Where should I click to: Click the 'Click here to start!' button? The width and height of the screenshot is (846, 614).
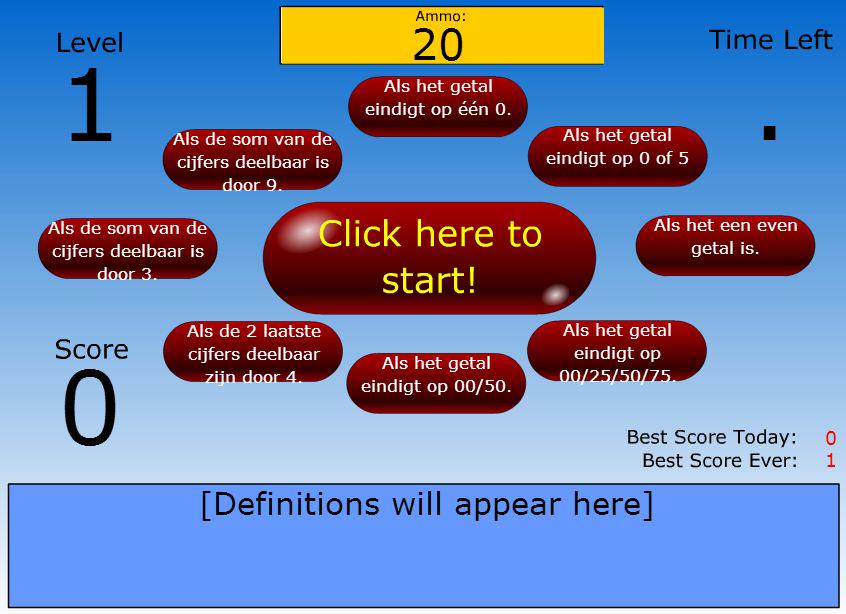tap(429, 258)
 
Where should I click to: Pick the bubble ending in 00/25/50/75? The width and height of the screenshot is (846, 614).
tap(617, 351)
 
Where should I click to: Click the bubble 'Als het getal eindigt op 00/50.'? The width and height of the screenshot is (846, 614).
tap(436, 381)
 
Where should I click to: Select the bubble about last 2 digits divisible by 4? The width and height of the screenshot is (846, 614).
tap(253, 352)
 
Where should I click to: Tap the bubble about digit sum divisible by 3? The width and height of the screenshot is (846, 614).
tap(128, 249)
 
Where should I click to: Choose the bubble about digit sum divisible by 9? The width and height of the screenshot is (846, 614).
tap(252, 160)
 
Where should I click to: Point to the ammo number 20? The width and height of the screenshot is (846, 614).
tap(438, 45)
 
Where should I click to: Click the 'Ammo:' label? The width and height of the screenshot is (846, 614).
tap(441, 16)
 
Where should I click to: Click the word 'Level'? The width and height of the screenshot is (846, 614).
tap(90, 43)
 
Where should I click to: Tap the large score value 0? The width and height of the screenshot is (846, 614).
tap(90, 408)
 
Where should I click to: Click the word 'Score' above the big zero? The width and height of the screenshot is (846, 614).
tap(91, 349)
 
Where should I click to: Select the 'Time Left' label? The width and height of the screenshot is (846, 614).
tap(770, 40)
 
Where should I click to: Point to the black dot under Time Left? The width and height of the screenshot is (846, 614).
tap(770, 132)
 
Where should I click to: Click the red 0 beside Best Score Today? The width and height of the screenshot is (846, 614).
tap(830, 438)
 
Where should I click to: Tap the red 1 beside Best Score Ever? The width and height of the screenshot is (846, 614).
tap(830, 461)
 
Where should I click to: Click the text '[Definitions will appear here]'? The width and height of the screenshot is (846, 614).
tap(427, 505)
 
